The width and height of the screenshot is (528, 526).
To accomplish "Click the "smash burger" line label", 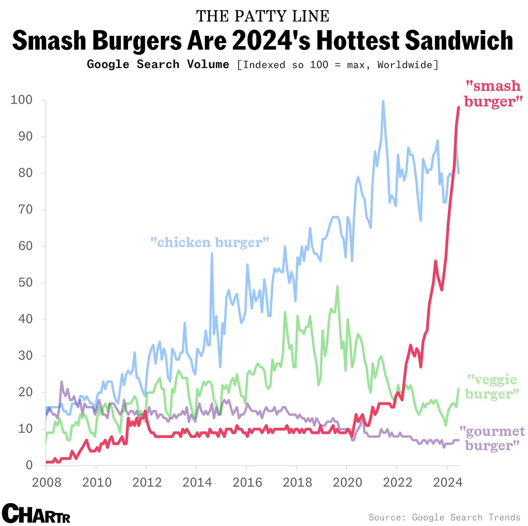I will tap(493, 93).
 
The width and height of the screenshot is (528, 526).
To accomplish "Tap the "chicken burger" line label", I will tap(210, 242).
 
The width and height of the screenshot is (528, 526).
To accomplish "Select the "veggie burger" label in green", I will tap(492, 387).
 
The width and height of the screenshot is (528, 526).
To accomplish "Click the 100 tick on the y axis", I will tap(21, 100).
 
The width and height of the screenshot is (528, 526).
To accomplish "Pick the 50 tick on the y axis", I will tap(25, 283).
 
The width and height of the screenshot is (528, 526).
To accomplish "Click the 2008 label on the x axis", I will tap(47, 482).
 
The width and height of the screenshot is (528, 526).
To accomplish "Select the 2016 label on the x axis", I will tap(247, 482).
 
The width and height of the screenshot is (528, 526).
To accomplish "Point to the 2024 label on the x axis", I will tap(447, 482).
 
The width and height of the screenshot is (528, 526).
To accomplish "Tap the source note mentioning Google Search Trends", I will tap(444, 517).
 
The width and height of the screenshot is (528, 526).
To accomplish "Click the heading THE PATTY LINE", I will tap(263, 16).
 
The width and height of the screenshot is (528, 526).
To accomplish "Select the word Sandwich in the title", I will tap(458, 40).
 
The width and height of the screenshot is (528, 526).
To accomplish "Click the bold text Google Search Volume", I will tap(158, 64).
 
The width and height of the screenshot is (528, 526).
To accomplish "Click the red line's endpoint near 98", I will tap(458, 108).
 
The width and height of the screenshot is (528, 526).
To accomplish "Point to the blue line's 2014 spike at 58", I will tap(212, 253).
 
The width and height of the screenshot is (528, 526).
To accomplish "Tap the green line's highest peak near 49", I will tap(337, 286).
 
